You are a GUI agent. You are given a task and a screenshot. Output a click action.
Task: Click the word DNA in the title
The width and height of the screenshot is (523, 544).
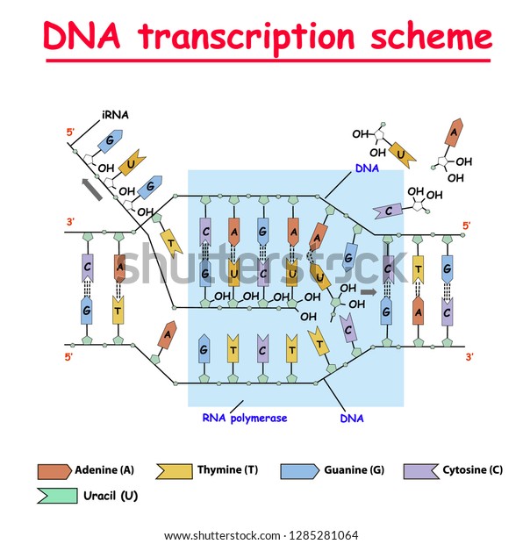(x=82, y=35)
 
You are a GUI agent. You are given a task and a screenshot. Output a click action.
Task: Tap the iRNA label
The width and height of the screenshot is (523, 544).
(x=115, y=115)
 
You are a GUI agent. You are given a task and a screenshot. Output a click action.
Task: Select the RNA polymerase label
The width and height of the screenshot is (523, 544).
(x=245, y=418)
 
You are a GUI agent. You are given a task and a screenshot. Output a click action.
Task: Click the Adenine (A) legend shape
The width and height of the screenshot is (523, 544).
(x=54, y=471)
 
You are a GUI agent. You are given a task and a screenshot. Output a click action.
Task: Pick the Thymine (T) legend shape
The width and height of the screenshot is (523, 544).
(x=175, y=471)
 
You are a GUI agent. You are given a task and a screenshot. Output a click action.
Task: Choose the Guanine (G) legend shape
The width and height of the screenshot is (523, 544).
(x=300, y=471)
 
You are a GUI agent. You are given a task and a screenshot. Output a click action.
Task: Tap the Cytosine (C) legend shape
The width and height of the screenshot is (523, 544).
(x=421, y=471)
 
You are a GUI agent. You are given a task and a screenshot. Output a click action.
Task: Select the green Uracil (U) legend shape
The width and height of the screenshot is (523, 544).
(x=57, y=496)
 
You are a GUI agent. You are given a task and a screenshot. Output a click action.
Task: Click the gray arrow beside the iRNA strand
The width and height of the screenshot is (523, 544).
(x=92, y=190)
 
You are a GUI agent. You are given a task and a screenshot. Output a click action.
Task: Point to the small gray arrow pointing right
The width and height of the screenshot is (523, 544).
(x=369, y=292)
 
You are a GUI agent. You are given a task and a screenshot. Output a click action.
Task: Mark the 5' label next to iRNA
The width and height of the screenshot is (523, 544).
(x=70, y=132)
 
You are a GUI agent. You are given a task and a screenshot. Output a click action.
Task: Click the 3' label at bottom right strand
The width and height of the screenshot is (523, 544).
(x=469, y=356)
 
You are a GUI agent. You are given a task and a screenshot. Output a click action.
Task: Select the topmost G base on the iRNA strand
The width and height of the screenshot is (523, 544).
(x=110, y=141)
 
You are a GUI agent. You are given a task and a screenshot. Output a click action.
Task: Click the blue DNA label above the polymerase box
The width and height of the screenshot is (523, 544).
(x=367, y=168)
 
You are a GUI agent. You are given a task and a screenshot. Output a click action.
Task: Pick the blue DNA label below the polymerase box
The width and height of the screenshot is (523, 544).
(x=352, y=418)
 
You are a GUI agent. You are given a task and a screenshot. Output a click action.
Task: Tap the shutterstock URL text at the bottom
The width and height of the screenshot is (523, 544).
(x=261, y=535)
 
